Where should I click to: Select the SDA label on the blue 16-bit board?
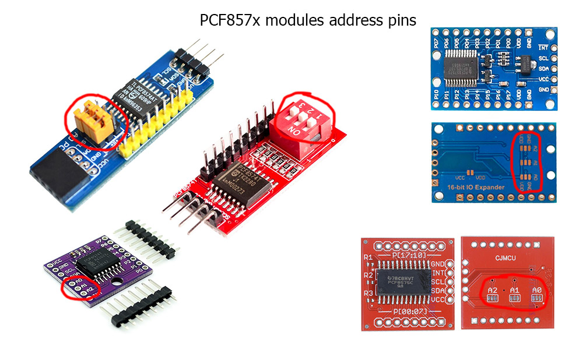[543, 69]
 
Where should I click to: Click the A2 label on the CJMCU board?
[492, 290]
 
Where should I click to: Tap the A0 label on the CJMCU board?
[537, 290]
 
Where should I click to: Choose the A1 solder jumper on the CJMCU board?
[514, 298]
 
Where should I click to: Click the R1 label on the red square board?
[367, 257]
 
